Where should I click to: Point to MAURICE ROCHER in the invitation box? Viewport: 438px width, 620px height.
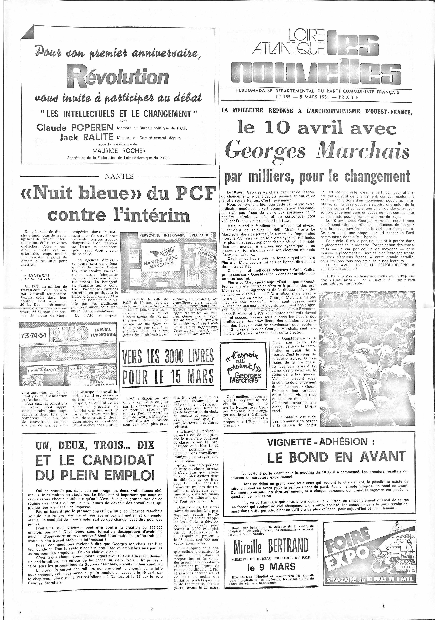[119, 151]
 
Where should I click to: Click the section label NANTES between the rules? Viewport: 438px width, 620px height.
[119, 176]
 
